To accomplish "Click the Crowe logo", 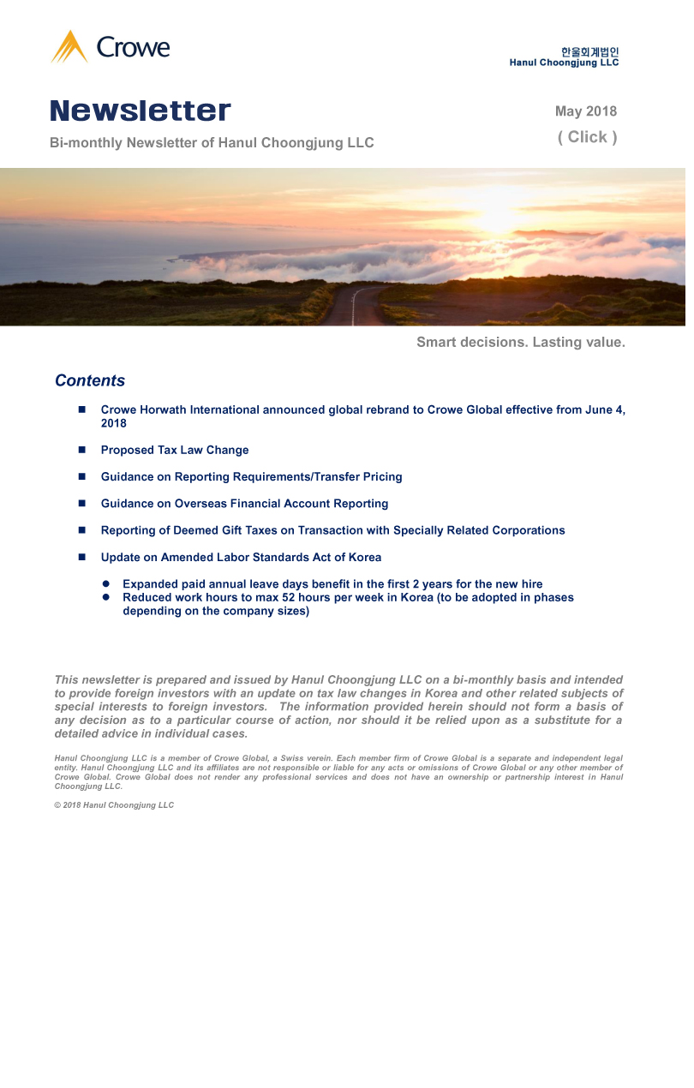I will click(x=111, y=47).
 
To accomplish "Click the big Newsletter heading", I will click(x=141, y=111).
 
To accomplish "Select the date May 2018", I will click(x=586, y=111).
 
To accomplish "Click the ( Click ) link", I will click(x=588, y=137).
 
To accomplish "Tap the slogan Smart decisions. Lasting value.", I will click(x=521, y=343).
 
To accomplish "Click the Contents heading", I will click(x=90, y=381).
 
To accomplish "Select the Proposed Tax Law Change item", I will click(x=175, y=451).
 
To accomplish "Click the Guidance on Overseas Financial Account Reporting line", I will click(x=244, y=504).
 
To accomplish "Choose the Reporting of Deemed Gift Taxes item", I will click(x=332, y=531).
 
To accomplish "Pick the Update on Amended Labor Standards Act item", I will click(x=241, y=558).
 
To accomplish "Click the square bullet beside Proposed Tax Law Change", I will click(x=82, y=451).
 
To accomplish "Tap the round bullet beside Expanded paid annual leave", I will click(x=106, y=584).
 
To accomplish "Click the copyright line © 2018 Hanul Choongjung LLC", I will click(x=114, y=805).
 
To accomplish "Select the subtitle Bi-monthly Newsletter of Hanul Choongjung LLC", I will click(x=212, y=143).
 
